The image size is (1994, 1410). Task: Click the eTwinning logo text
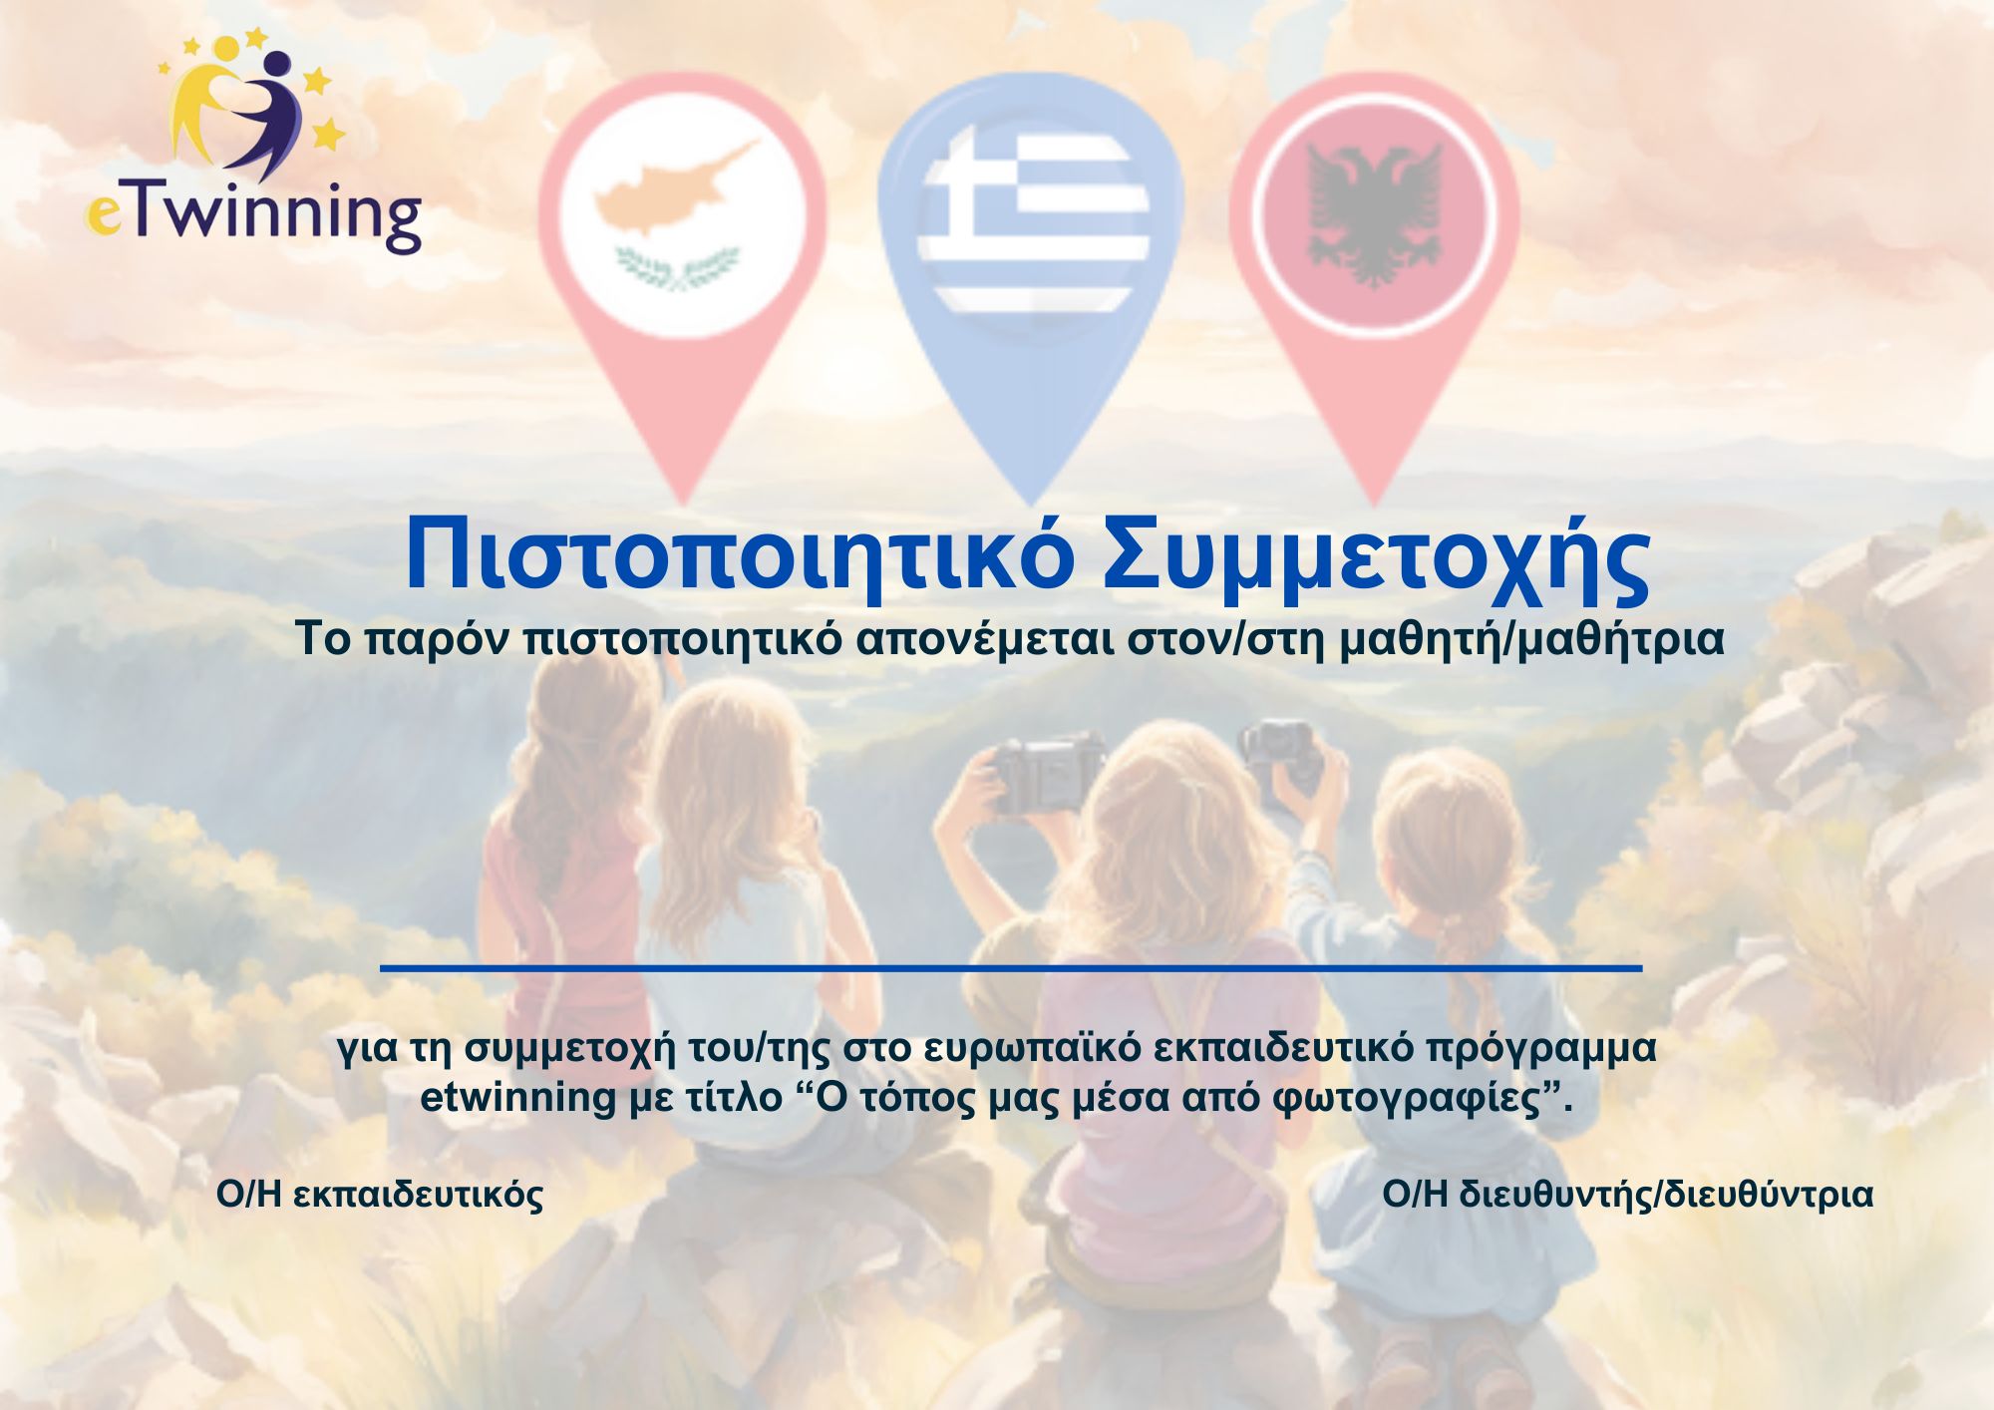pos(253,215)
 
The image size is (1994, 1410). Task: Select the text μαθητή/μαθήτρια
pos(1531,639)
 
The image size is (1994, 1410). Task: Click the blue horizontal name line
pos(1011,967)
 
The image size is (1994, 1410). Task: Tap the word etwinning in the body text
pos(518,1097)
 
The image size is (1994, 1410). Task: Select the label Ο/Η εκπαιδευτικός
pos(380,1195)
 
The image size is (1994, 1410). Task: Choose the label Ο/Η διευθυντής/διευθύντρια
pos(1627,1195)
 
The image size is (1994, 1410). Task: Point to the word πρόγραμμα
pos(1541,1049)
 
